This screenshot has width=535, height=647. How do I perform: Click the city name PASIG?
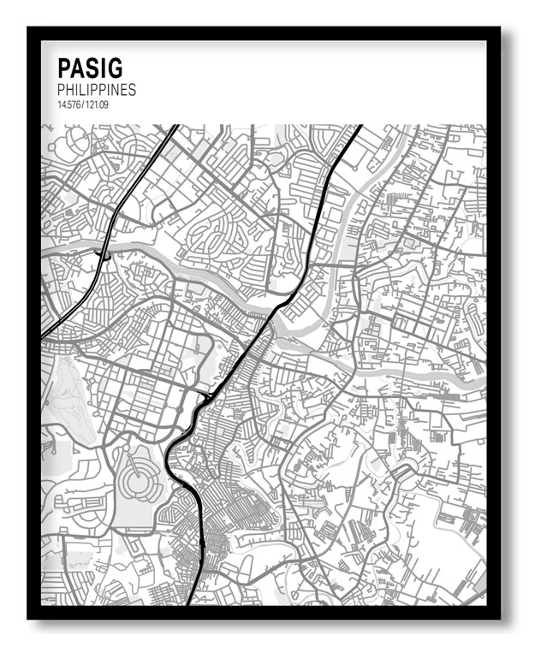[90, 68]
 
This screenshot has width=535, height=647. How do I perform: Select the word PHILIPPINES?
[96, 89]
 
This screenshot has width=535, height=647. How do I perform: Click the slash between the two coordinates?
[82, 104]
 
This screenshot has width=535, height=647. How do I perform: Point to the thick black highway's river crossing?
[282, 305]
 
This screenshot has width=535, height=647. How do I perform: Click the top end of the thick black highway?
[360, 127]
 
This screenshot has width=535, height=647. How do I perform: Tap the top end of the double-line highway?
[175, 127]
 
